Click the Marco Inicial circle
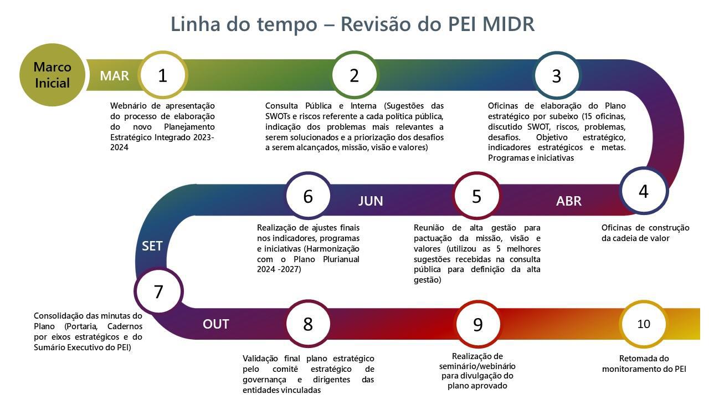pyautogui.click(x=52, y=75)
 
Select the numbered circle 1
pyautogui.click(x=163, y=75)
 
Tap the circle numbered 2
pyautogui.click(x=354, y=75)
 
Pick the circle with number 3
pyautogui.click(x=557, y=75)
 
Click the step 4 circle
pyautogui.click(x=644, y=191)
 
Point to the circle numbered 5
pyautogui.click(x=477, y=196)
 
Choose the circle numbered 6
pyautogui.click(x=309, y=196)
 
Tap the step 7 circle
pyautogui.click(x=158, y=291)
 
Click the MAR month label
pyautogui.click(x=115, y=76)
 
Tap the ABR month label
pyautogui.click(x=569, y=201)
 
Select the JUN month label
pyautogui.click(x=371, y=201)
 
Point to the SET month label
pyautogui.click(x=152, y=246)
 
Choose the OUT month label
pyautogui.click(x=216, y=324)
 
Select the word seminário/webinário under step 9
pyautogui.click(x=477, y=366)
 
